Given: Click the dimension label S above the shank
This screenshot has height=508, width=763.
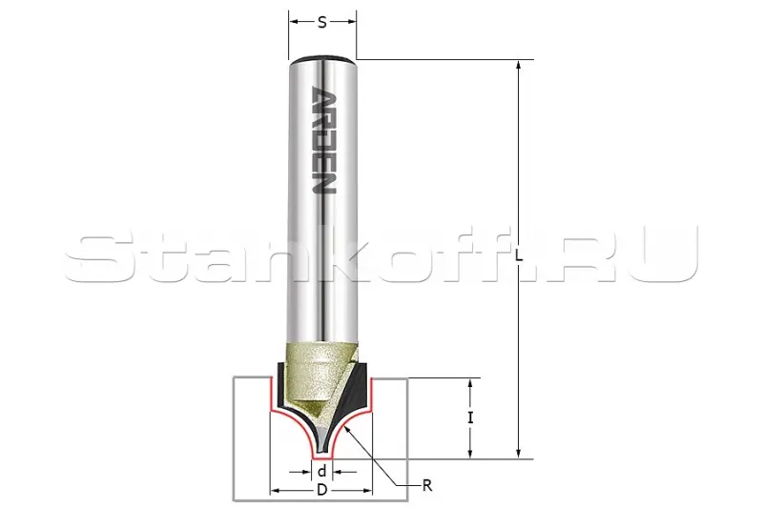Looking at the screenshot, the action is pos(322,22).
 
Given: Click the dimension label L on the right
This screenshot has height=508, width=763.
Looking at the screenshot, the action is pos(519,256).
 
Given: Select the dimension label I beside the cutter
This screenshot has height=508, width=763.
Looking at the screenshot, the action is pos(470,417).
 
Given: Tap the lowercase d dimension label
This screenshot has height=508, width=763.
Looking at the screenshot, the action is pos(321,471).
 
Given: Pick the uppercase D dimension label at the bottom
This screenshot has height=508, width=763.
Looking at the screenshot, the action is pos(321,490).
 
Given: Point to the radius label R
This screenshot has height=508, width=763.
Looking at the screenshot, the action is pos(427,485).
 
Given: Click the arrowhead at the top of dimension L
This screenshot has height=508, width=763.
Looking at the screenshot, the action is pos(519,66).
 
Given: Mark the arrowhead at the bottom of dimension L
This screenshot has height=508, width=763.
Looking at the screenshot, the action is pos(519,453).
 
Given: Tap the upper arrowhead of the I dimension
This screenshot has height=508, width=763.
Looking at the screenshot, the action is pos(470,384).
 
